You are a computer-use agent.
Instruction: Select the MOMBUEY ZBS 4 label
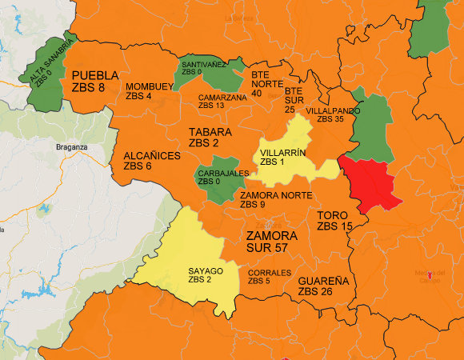click(x=150, y=90)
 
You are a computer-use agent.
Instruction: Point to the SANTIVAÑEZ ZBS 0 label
click(x=203, y=67)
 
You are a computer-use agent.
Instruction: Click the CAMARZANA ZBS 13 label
click(x=222, y=101)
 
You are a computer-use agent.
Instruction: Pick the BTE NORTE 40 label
click(x=267, y=82)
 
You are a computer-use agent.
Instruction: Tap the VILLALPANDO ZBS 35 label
click(x=330, y=114)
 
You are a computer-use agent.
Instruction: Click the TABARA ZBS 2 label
click(x=210, y=137)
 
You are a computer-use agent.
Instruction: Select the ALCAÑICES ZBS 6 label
click(x=152, y=161)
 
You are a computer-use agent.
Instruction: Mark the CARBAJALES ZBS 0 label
click(x=224, y=177)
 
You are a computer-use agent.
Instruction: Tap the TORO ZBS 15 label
click(x=334, y=221)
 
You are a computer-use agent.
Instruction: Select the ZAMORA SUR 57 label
click(x=271, y=242)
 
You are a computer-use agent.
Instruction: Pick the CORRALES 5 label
click(x=270, y=277)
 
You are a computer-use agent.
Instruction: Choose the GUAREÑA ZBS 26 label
click(x=323, y=286)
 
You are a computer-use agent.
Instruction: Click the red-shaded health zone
click(x=374, y=184)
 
